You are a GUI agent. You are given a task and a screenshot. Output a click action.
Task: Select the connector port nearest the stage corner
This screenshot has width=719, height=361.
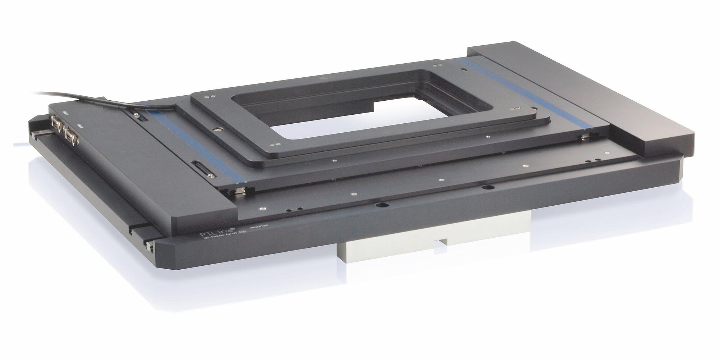point(56,123)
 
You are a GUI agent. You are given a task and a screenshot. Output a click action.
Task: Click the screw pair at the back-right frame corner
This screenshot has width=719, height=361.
point(438,66)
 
